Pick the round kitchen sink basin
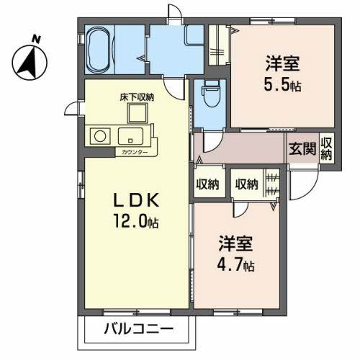99,135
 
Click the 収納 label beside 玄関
326,149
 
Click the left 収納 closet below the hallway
207,184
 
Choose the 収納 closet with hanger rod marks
247,184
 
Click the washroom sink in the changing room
194,36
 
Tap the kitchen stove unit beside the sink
132,135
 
